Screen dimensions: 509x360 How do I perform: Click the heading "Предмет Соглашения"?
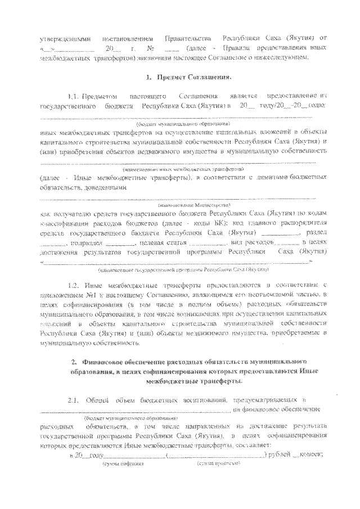click(x=188, y=76)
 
